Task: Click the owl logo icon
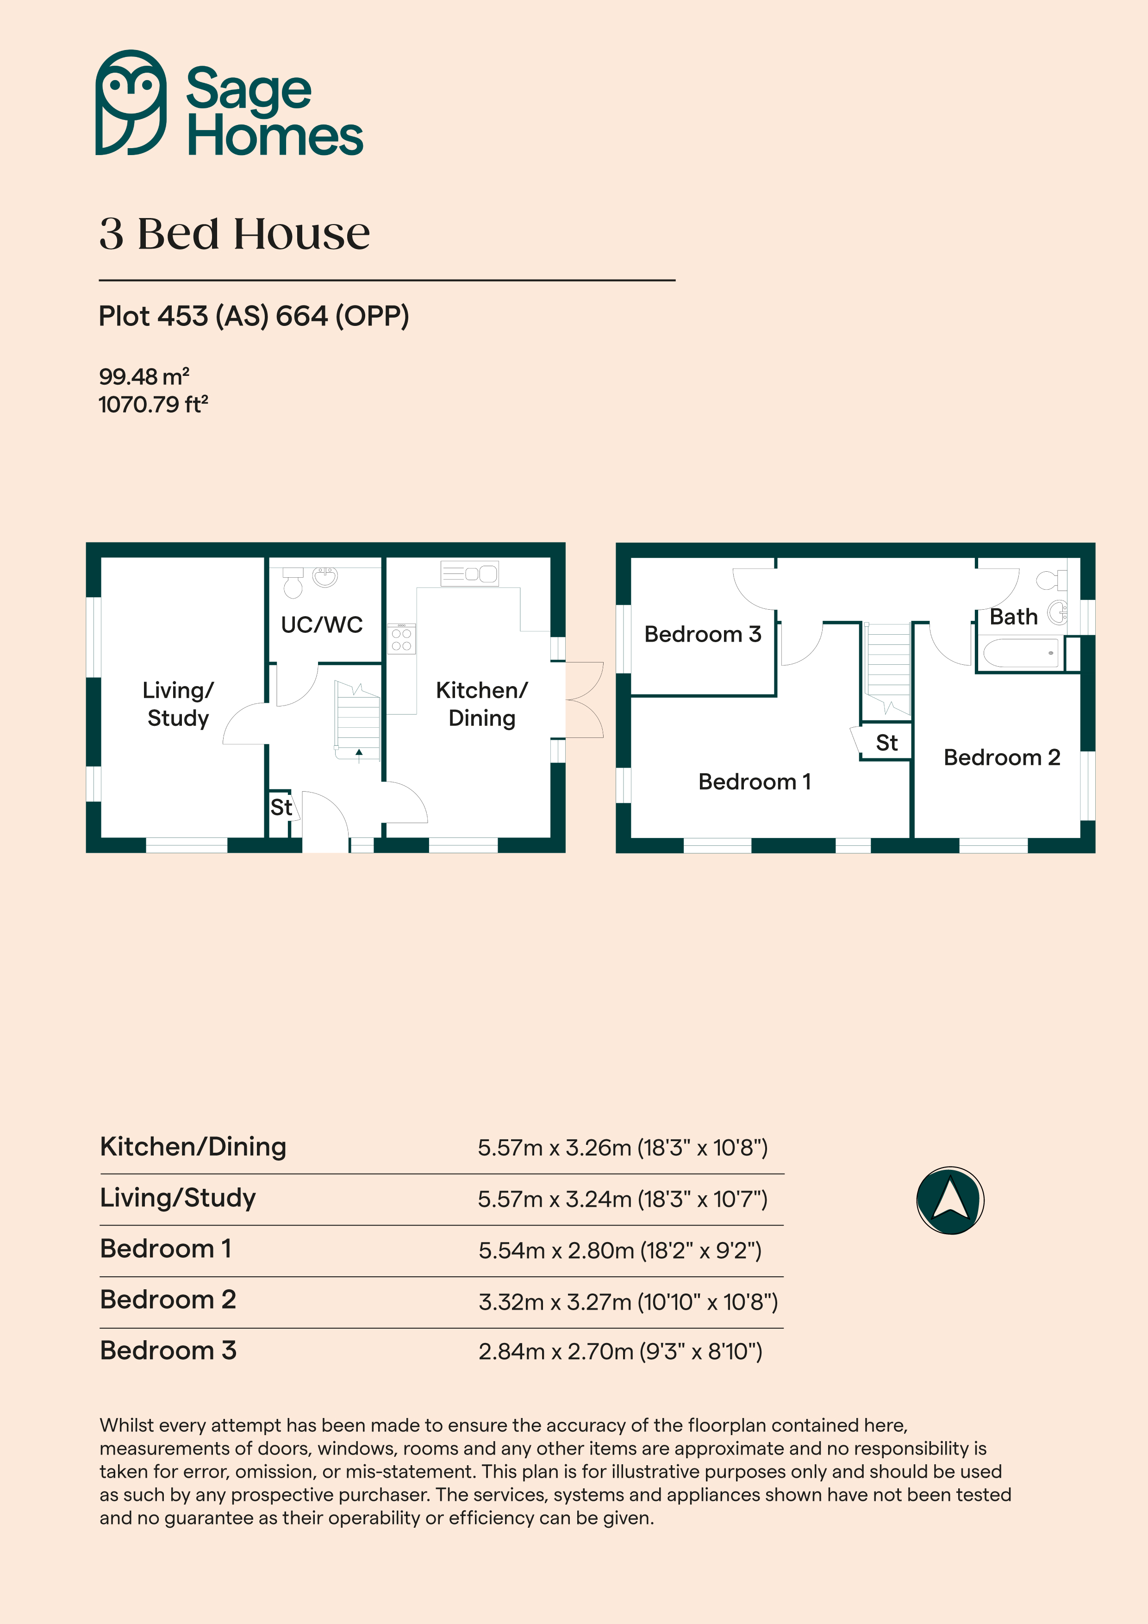point(131,103)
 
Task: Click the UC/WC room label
point(322,625)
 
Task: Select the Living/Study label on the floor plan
point(178,704)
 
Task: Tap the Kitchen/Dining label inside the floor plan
point(482,704)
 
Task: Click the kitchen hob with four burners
point(401,639)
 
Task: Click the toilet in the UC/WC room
point(293,582)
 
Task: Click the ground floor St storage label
point(281,807)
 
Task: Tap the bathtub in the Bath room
point(1021,653)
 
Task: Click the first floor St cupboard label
point(886,743)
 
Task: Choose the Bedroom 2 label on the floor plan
point(1002,757)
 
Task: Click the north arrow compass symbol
point(950,1201)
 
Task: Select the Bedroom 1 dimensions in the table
point(620,1250)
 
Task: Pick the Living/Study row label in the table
point(178,1198)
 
